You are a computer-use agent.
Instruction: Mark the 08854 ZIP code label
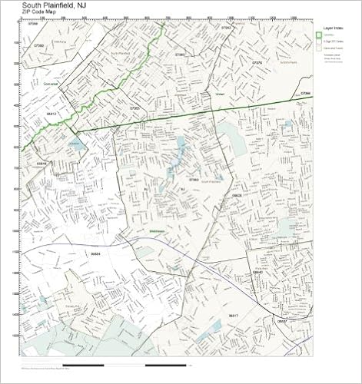click(96, 251)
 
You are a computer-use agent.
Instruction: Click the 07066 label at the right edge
click(305, 94)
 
